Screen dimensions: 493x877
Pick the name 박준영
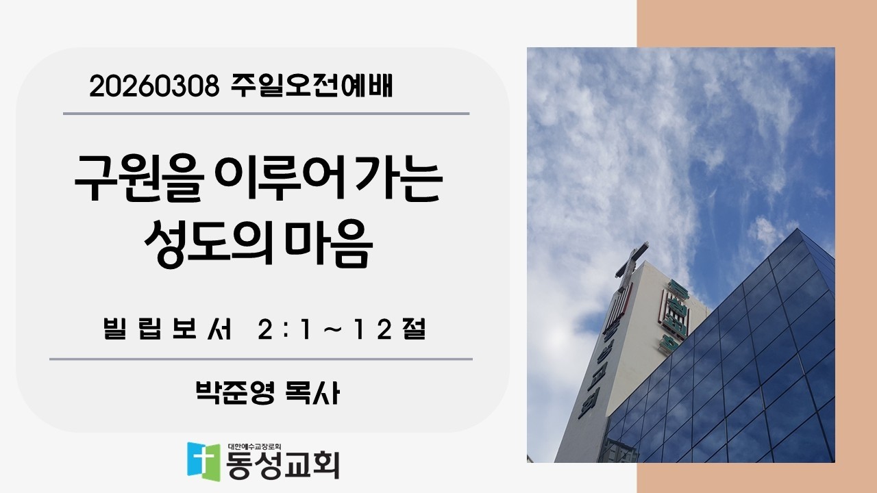[x=235, y=393]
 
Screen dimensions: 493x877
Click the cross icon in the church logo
[x=204, y=460]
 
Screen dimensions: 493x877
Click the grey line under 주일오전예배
[x=266, y=113]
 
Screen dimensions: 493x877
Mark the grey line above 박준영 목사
[x=260, y=358]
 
